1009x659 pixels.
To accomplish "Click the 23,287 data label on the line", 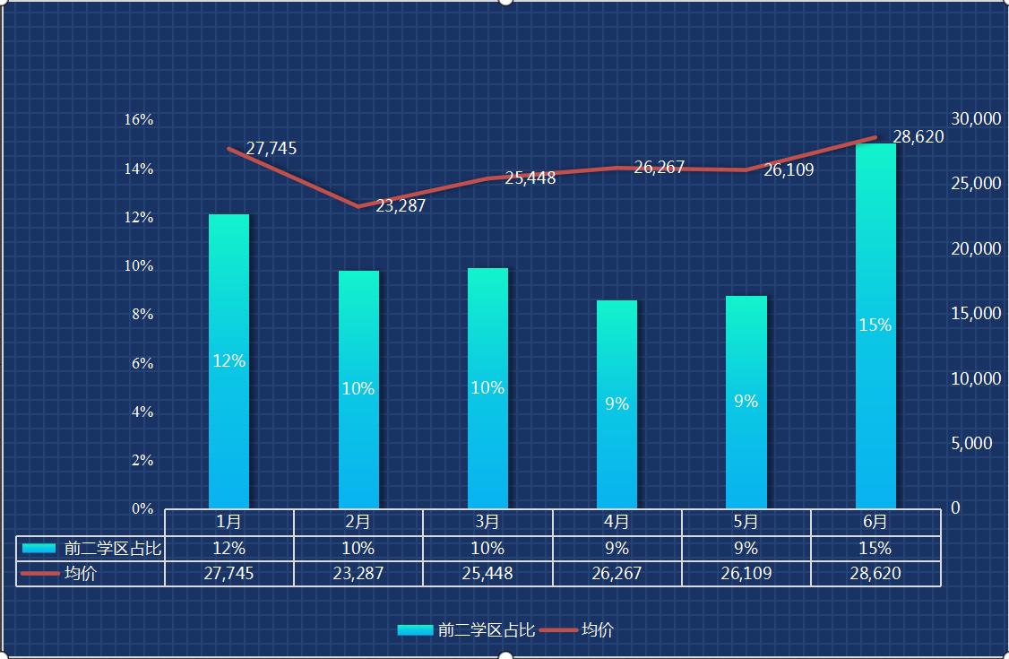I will (401, 205).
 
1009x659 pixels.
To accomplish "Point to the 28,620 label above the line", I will (918, 136).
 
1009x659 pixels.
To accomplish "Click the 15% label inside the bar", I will (875, 325).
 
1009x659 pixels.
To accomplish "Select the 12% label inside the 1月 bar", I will (229, 361).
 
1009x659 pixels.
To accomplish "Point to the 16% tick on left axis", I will (138, 119).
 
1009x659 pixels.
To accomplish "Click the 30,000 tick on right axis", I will (975, 118).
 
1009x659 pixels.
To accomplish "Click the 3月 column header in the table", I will (487, 522).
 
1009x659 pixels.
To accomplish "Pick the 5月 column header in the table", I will (746, 522).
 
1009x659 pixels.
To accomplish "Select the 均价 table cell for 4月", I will (617, 574).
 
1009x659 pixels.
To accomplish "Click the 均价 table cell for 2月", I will (358, 574).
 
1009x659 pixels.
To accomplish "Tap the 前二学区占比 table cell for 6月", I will (875, 548).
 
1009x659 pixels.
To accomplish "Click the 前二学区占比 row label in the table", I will (112, 549).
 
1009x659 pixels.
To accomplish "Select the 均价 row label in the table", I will (81, 574).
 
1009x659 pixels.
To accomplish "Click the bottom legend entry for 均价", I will (597, 630).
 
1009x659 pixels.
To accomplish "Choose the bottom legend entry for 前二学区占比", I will (486, 630).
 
